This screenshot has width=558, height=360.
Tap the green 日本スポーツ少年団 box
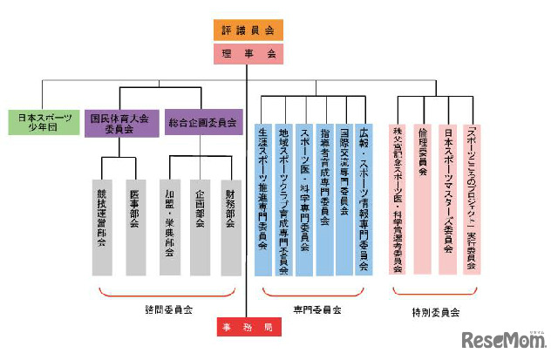point(40,121)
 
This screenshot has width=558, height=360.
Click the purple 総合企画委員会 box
point(201,122)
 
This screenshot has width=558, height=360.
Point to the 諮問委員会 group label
point(167,309)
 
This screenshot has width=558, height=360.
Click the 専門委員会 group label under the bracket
point(316,309)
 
